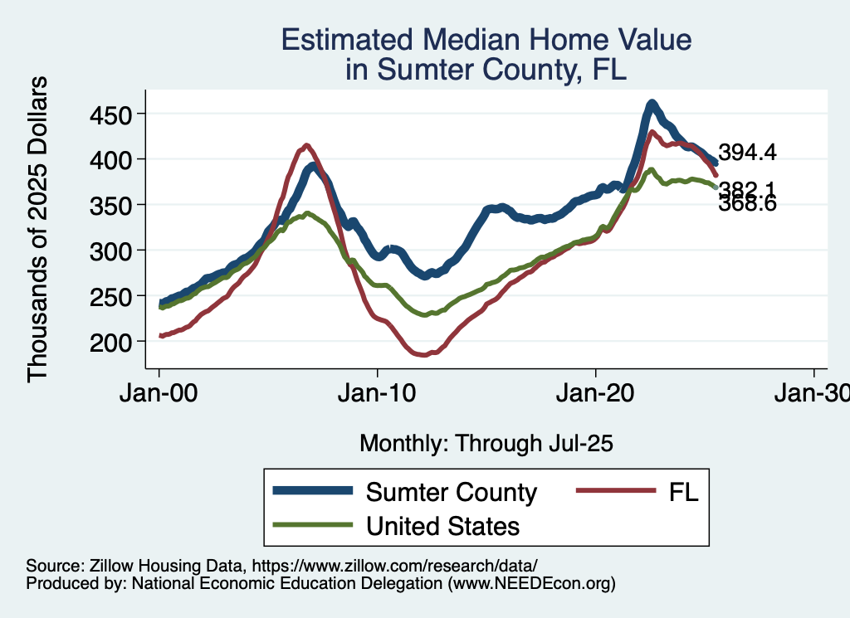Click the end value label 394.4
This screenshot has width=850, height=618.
click(x=747, y=153)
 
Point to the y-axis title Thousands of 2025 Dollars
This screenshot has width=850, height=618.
click(x=38, y=228)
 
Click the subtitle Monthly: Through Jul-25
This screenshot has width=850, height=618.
click(x=486, y=444)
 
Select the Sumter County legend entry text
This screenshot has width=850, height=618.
click(x=452, y=492)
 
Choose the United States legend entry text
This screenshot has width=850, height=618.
click(x=442, y=525)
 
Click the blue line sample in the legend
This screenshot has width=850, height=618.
click(x=312, y=492)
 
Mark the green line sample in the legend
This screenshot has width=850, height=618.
click(x=312, y=525)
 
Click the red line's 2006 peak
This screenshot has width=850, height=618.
click(x=306, y=146)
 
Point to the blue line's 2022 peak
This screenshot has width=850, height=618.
click(x=652, y=104)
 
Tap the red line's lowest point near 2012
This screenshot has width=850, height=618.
click(x=423, y=355)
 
